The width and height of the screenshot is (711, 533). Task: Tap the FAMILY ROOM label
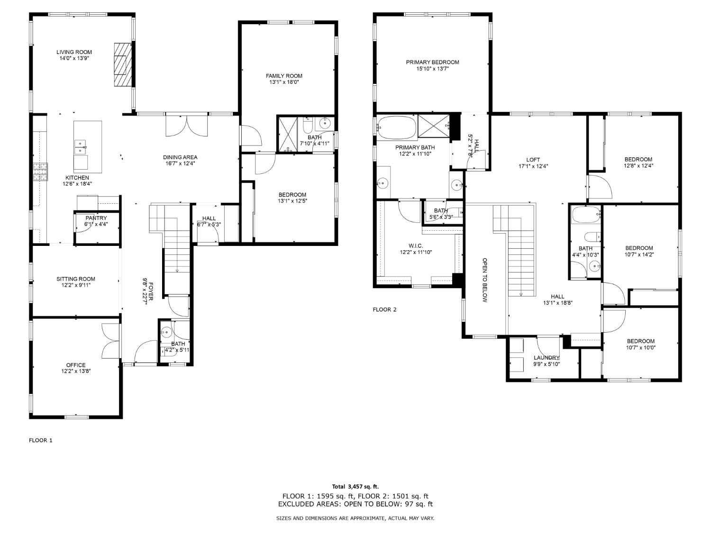pos(284,76)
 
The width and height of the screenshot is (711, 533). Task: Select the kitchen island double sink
pos(80,147)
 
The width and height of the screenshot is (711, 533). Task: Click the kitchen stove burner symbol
pos(40,172)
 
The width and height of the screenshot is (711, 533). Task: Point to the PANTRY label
pos(96,218)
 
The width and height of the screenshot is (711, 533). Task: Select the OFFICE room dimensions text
pos(76,371)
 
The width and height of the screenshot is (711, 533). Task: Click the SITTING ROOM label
pos(76,279)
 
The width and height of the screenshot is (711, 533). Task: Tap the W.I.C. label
pos(415,246)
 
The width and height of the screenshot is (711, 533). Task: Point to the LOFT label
pos(533,160)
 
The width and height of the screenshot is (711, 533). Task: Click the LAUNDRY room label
pos(547,358)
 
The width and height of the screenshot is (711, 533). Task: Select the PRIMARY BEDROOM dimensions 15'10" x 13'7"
pos(432,69)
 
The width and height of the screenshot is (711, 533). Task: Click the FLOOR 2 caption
pos(384,310)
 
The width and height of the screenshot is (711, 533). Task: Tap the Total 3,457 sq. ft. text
pos(355,487)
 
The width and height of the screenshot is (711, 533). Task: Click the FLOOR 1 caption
pos(41,440)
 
